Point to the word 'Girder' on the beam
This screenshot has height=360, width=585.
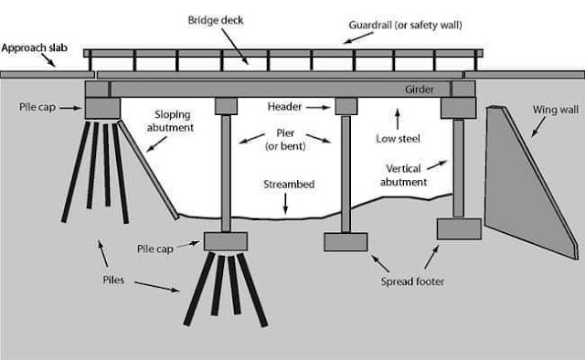(x=428, y=90)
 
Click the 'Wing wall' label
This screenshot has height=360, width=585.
(x=554, y=110)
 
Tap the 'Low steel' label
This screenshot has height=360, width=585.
(x=399, y=140)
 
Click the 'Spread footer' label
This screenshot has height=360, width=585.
(x=413, y=281)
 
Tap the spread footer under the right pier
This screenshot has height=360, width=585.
(x=346, y=241)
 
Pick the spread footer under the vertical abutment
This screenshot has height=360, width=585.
(x=458, y=228)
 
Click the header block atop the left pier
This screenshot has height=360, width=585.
(x=227, y=106)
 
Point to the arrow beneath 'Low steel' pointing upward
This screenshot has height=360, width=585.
(x=397, y=116)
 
